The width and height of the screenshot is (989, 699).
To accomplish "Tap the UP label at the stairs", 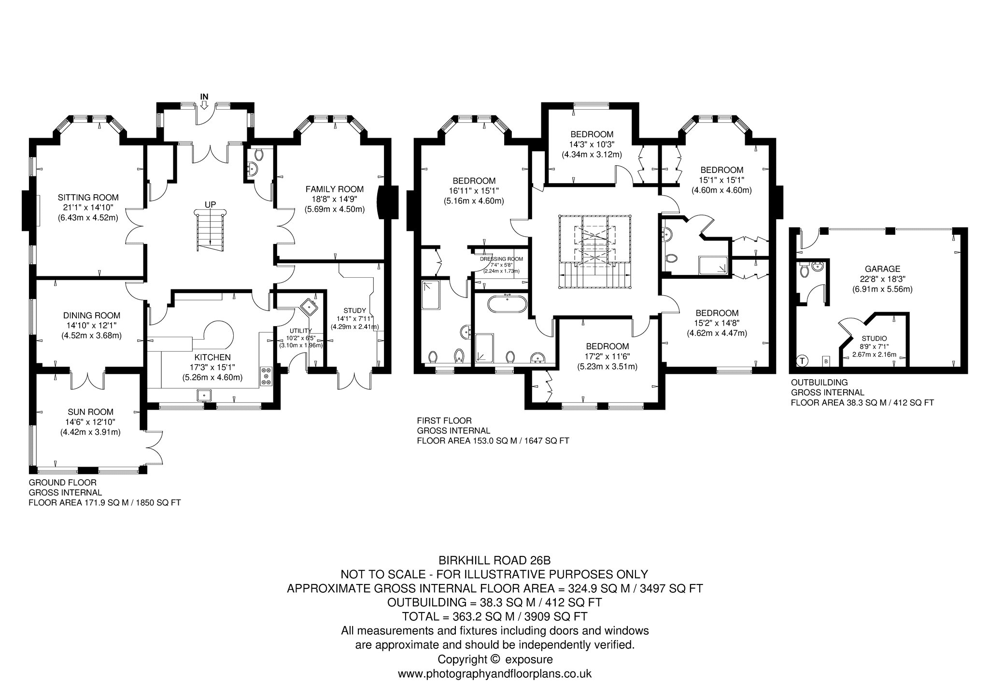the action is click(210, 204).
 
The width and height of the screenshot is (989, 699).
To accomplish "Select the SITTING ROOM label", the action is click(88, 197).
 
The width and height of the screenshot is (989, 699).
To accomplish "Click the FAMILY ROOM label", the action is click(335, 189).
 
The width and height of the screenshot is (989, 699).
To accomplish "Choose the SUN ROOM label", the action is click(91, 412).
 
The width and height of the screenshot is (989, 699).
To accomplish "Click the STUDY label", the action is click(355, 310).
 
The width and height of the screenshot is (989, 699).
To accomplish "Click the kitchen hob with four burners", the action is click(266, 376).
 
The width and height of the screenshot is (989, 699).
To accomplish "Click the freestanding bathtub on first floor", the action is click(506, 305).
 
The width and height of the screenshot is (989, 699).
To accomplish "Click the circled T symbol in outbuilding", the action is click(802, 360).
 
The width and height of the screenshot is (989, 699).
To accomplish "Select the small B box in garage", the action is click(826, 361).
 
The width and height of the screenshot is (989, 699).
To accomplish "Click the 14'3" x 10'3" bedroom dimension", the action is click(592, 144).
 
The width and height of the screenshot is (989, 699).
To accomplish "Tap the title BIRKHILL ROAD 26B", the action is click(494, 560).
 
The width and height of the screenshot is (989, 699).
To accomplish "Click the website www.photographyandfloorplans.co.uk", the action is click(494, 673).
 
